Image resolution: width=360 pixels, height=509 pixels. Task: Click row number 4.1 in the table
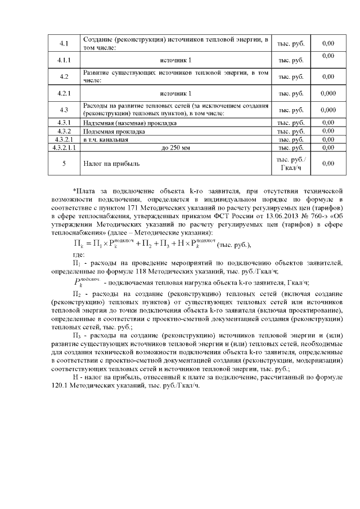pos(64,43)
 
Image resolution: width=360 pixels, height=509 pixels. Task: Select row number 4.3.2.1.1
pos(64,147)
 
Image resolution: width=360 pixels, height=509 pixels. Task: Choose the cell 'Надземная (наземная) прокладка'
pos(130,123)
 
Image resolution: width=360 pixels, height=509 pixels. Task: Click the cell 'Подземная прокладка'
pos(114,131)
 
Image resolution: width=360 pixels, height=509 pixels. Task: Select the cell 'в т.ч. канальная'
pos(106,139)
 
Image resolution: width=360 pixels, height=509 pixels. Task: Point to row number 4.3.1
pos(64,123)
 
